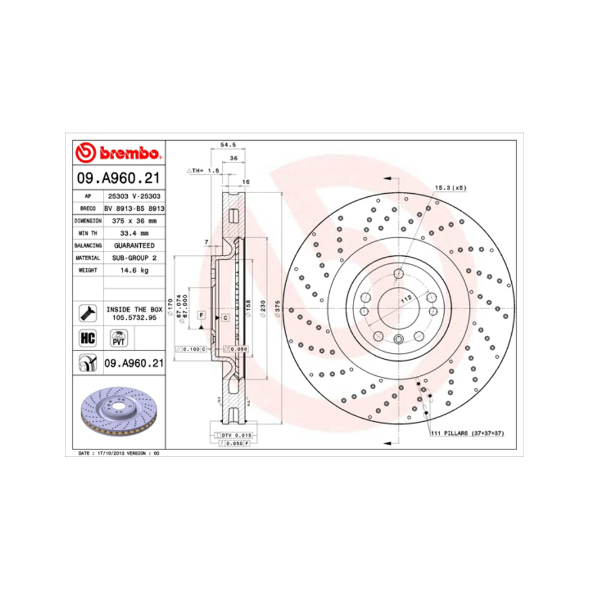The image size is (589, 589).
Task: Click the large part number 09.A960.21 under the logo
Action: pyautogui.click(x=118, y=178)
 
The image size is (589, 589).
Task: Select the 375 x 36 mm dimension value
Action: pyautogui.click(x=134, y=220)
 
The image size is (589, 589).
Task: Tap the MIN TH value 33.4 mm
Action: pyautogui.click(x=134, y=233)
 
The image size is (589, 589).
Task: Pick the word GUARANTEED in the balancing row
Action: pyautogui.click(x=134, y=245)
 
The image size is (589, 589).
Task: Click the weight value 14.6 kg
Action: pyautogui.click(x=134, y=270)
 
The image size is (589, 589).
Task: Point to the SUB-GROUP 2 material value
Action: pyautogui.click(x=134, y=257)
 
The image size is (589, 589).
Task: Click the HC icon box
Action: pyautogui.click(x=87, y=337)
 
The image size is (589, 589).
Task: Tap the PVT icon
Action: pyautogui.click(x=117, y=338)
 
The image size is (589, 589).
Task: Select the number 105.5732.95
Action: pyautogui.click(x=134, y=317)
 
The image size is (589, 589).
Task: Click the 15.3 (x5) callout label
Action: pyautogui.click(x=451, y=188)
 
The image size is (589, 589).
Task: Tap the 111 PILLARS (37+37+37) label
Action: pyautogui.click(x=468, y=433)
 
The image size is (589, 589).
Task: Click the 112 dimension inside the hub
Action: pyautogui.click(x=406, y=299)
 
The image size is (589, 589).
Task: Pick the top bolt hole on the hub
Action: pyautogui.click(x=398, y=273)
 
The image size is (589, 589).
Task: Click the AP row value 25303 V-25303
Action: pyautogui.click(x=134, y=196)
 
